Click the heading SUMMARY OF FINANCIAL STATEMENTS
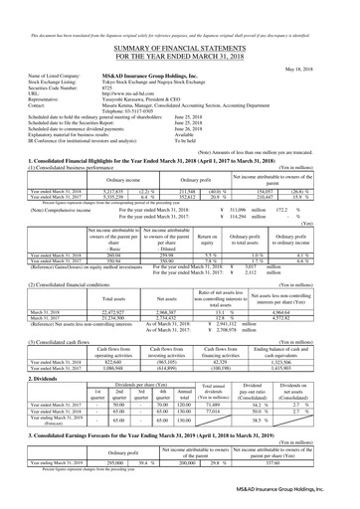(180, 29)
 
